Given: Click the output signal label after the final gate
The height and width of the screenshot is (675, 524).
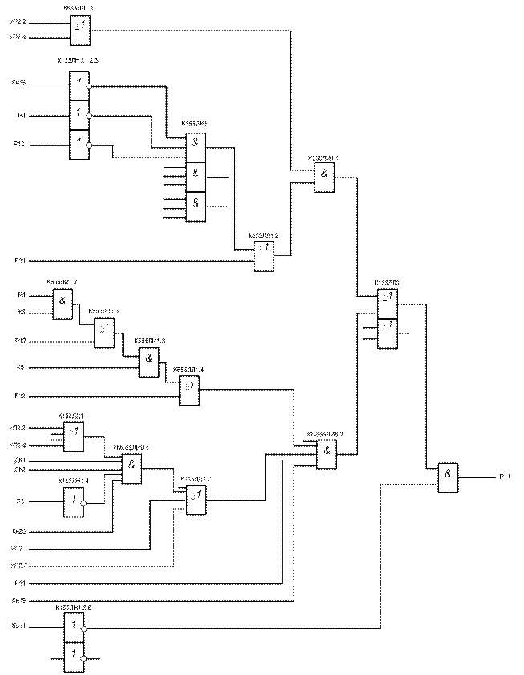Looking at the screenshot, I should click(x=504, y=477).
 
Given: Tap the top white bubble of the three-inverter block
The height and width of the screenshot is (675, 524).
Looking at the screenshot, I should click(x=89, y=85).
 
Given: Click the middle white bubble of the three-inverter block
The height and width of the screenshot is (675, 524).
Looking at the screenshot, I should click(x=89, y=116).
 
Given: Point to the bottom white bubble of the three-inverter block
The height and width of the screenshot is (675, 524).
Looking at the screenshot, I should click(x=89, y=145).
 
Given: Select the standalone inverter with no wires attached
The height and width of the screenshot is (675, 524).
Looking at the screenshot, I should click(x=74, y=502).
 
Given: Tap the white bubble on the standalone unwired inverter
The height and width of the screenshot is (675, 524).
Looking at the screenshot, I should click(x=83, y=503).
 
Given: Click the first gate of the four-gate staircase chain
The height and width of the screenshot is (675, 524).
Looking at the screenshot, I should click(x=63, y=304).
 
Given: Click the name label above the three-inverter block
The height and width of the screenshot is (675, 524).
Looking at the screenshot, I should click(x=79, y=60).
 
